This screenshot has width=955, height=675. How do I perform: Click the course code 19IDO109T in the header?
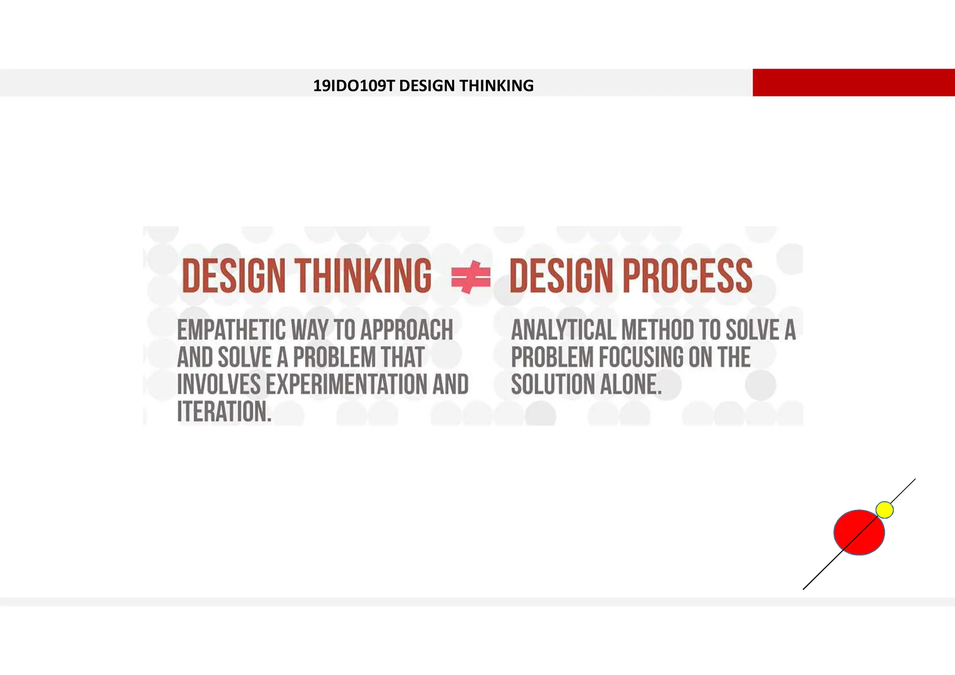[354, 86]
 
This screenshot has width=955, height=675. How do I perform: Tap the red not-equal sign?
[471, 277]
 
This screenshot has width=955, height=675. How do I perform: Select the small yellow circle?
[884, 510]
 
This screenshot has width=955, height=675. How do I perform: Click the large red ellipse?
[859, 533]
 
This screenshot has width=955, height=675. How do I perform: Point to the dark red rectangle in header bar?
[853, 83]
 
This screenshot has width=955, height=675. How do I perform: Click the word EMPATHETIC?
[231, 330]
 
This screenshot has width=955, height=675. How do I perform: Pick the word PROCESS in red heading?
[687, 276]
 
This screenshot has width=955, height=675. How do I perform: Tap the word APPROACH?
[407, 330]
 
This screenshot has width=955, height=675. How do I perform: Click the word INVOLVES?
[219, 384]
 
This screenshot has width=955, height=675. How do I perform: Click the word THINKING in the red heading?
[363, 276]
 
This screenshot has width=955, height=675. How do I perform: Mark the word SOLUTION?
[552, 384]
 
